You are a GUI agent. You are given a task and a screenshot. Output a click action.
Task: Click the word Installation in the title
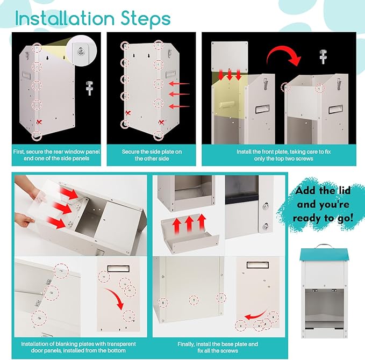tap(65, 18)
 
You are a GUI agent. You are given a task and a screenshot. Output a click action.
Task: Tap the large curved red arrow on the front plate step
tap(283, 55)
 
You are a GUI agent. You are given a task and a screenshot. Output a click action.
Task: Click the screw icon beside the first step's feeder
tap(89, 88)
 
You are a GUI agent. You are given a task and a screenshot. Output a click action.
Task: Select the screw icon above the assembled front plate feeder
tap(323, 56)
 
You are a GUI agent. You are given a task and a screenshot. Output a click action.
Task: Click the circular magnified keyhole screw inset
tap(82, 51)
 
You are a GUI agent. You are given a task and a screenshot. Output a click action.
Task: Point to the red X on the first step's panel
tap(39, 122)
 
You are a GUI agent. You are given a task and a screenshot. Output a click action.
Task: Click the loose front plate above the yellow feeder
tap(230, 56)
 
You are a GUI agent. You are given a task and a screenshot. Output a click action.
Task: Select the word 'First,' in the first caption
tap(19, 152)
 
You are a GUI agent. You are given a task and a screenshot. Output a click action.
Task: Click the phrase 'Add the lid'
tap(323, 191)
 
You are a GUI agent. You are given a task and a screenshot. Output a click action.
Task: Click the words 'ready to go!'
tap(323, 218)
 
